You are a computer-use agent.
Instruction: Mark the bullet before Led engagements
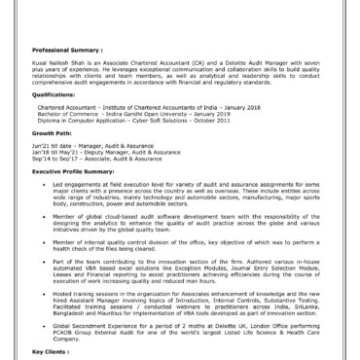(x=42, y=184)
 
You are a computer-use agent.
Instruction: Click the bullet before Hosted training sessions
(x=42, y=292)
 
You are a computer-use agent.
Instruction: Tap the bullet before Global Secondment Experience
(x=42, y=328)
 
